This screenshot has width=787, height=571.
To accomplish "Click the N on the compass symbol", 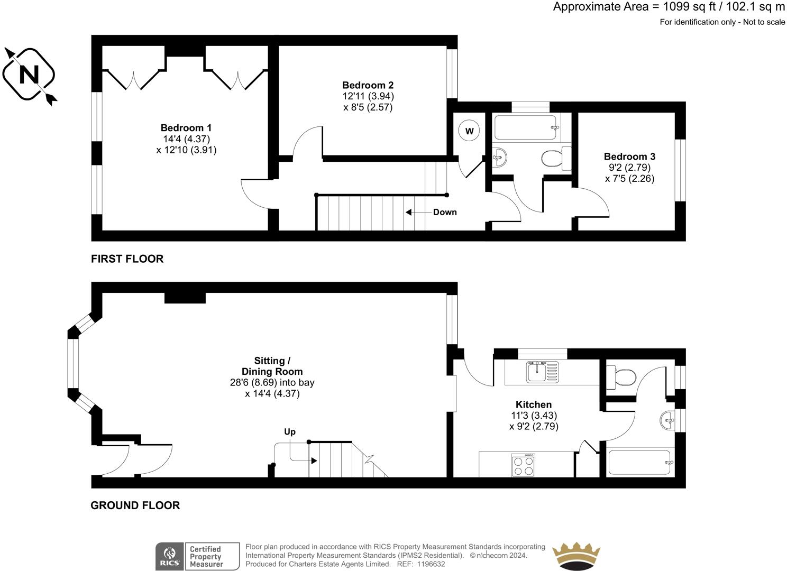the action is [x=29, y=75].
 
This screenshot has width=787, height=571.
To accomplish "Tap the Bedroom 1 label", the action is [x=186, y=128].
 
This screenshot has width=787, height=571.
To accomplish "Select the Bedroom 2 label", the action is [x=368, y=85].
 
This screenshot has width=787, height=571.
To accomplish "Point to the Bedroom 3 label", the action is [x=629, y=156].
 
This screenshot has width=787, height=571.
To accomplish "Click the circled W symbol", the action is [x=469, y=131].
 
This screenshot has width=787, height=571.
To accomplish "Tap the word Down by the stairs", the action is [x=445, y=212].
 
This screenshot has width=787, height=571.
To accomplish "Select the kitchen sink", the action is [x=542, y=372].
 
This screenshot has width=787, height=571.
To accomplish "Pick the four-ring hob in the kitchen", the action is [x=524, y=466].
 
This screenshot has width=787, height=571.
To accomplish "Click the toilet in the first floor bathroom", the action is [x=556, y=159].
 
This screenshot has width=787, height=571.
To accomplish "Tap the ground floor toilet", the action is [x=621, y=377].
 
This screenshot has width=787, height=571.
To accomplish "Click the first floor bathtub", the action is [x=525, y=127].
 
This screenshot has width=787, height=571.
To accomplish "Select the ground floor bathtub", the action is [x=641, y=463].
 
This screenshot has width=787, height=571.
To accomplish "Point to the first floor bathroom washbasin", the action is [x=499, y=158].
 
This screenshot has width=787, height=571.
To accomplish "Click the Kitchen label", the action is [x=534, y=404].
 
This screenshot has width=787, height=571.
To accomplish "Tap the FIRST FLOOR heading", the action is [x=127, y=259].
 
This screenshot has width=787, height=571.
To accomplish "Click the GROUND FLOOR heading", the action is [x=135, y=505].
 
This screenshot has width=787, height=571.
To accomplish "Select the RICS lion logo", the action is [x=170, y=556].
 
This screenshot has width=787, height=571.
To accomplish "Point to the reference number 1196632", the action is [x=431, y=564].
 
